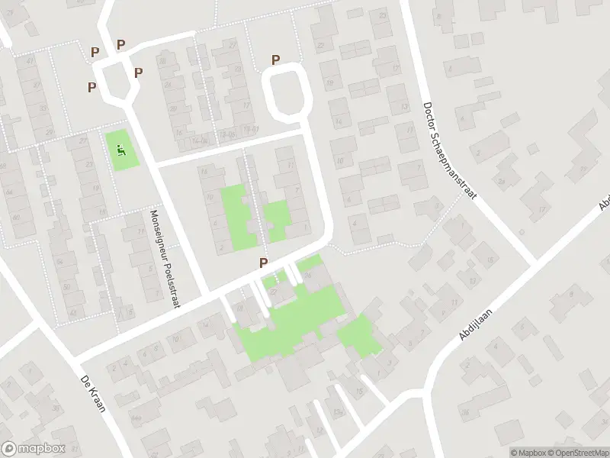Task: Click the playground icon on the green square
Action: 120,150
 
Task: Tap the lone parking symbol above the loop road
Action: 276,60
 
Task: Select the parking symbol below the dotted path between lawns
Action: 264,263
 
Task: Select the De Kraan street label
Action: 94,389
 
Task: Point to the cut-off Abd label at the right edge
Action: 605,202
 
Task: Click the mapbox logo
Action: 34,449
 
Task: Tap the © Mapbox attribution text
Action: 528,452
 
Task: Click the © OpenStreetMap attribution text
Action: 578,452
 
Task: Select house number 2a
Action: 501,181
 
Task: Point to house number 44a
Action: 136,418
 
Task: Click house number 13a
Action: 337,412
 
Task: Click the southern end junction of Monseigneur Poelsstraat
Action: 207,296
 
